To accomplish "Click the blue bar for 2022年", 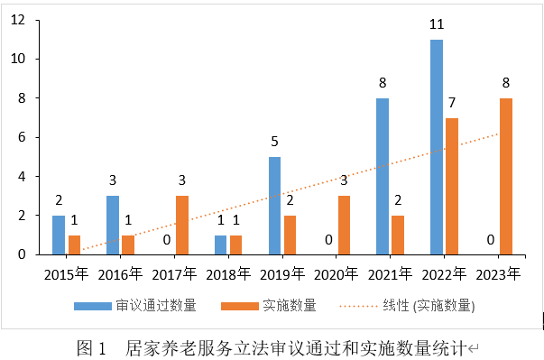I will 437,147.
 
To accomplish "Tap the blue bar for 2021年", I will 383,176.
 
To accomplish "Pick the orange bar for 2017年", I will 182,225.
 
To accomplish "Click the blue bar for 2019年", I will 274,206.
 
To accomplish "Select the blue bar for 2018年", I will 220,245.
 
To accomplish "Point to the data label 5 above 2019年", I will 274,142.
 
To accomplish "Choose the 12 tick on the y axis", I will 17,20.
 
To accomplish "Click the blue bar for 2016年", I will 112,225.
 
